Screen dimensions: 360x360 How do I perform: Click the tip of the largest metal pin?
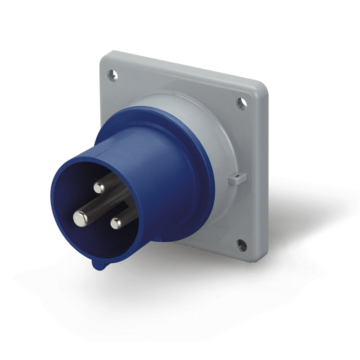[80, 219]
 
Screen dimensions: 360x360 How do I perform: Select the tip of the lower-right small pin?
[117, 222]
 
